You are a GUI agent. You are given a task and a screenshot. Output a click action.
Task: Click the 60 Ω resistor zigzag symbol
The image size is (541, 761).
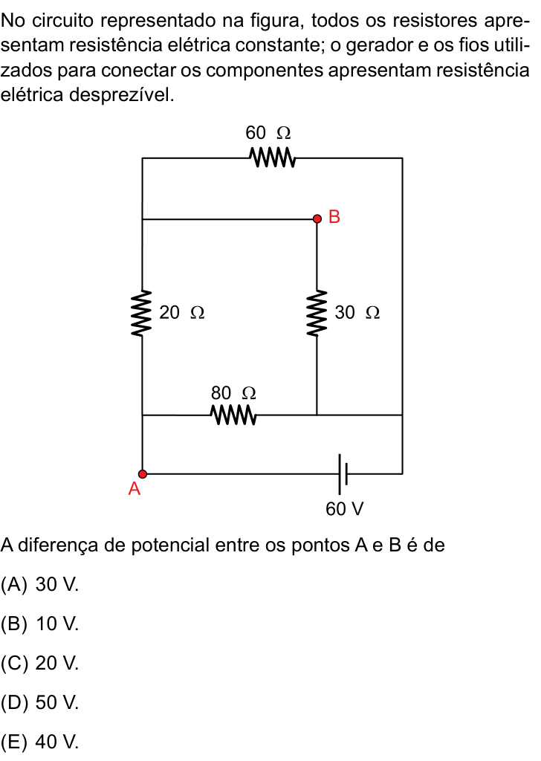(x=272, y=158)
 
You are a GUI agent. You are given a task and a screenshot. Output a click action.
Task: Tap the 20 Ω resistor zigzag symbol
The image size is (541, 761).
(x=142, y=313)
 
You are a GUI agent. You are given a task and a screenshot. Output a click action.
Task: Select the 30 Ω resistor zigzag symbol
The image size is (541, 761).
(x=317, y=313)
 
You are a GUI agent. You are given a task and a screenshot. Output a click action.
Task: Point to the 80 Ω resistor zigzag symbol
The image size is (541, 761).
(x=233, y=415)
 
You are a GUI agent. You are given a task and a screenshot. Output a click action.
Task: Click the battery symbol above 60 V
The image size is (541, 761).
(x=343, y=473)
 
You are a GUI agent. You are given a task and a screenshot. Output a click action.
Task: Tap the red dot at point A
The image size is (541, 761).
(x=142, y=473)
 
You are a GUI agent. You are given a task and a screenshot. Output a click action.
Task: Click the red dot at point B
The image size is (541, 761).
(x=317, y=219)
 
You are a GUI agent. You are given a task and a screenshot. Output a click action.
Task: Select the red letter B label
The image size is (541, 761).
(x=334, y=216)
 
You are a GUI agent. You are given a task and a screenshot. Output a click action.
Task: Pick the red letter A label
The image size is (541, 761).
(x=135, y=489)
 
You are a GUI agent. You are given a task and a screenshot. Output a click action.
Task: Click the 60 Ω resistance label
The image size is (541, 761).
(x=268, y=132)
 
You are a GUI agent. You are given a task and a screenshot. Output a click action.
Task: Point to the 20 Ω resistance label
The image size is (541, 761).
(x=182, y=312)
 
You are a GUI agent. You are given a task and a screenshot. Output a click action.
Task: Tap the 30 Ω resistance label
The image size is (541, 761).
(x=357, y=312)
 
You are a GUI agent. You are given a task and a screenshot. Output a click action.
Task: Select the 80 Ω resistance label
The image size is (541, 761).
(x=233, y=392)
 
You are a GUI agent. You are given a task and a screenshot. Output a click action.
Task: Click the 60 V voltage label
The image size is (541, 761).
(x=345, y=508)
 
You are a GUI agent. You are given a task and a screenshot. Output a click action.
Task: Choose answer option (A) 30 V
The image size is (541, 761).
(x=40, y=584)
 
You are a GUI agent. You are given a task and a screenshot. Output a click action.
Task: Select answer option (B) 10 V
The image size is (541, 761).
(x=40, y=624)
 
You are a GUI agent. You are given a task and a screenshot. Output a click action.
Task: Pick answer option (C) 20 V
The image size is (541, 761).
(x=40, y=663)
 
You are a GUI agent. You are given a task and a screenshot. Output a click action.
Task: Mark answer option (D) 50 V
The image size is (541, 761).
(x=40, y=702)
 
